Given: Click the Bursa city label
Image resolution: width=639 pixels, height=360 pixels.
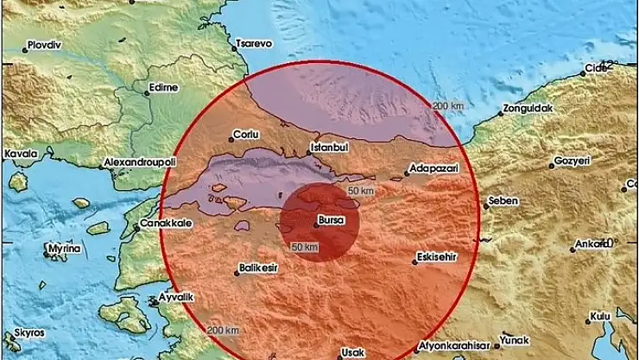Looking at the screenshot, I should pos(332,219).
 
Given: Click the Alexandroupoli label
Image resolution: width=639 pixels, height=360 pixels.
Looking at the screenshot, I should pos(141,161).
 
